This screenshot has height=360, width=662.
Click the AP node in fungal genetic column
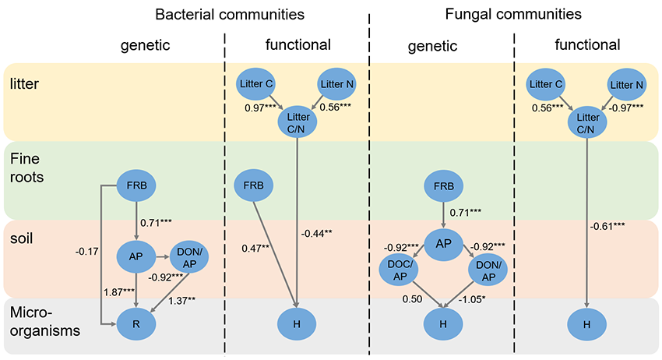click(x=444, y=244)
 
